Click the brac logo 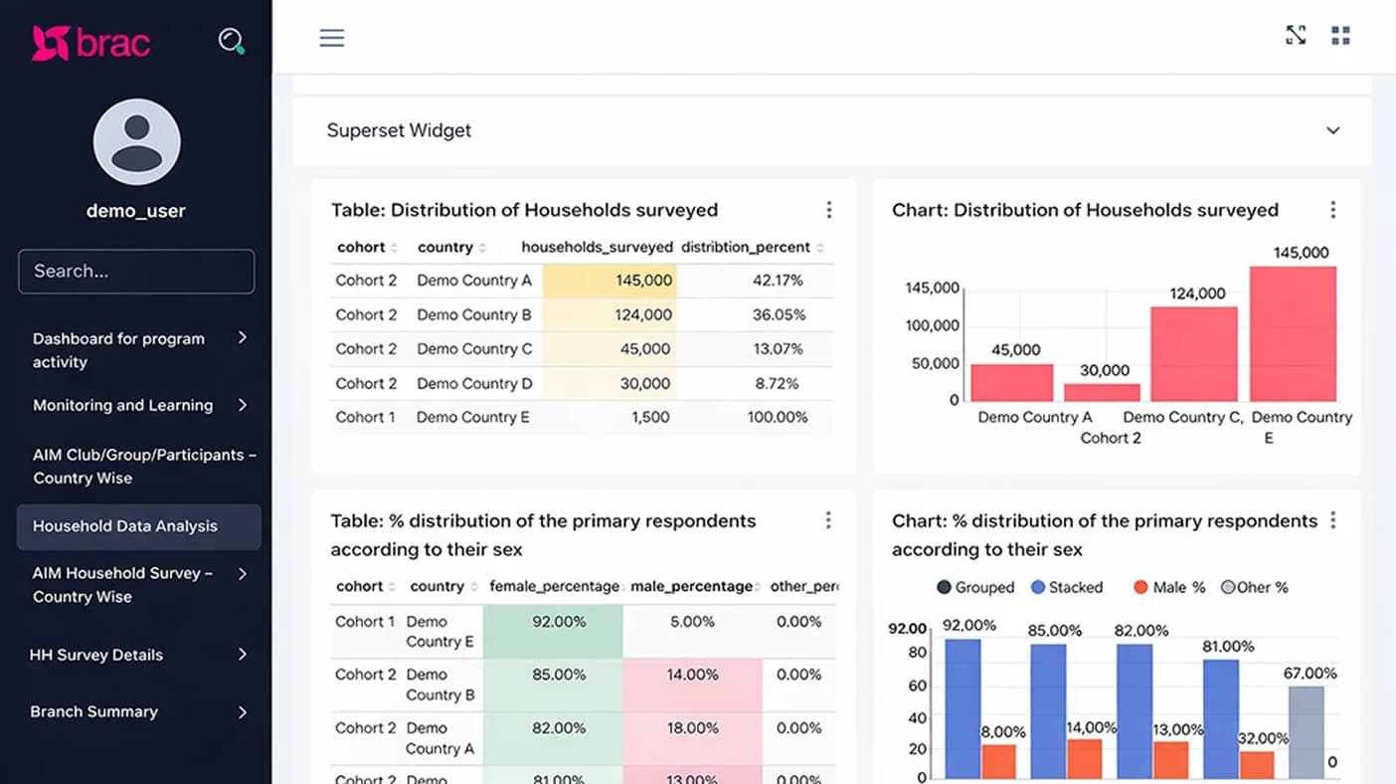[x=90, y=43]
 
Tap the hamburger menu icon [x=332, y=38]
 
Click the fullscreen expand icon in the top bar [x=1296, y=36]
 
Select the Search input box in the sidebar [x=136, y=271]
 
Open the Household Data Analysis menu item [x=138, y=526]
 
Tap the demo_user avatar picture [x=136, y=142]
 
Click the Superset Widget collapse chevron [x=1333, y=130]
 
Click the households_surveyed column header [x=597, y=247]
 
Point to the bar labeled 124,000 [x=1193, y=353]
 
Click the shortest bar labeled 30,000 [x=1102, y=392]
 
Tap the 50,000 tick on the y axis [x=935, y=363]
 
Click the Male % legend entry [x=1169, y=587]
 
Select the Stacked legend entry [x=1067, y=587]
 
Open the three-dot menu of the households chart [x=1333, y=210]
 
